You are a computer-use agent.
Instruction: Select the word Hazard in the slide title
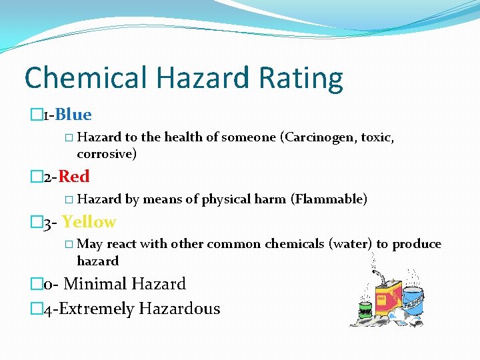pyautogui.click(x=196, y=79)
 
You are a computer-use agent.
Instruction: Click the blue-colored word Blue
pyautogui.click(x=73, y=115)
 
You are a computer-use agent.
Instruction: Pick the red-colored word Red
pyautogui.click(x=74, y=177)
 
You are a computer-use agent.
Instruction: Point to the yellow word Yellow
pyautogui.click(x=89, y=222)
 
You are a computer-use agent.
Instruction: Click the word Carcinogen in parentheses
pyautogui.click(x=317, y=137)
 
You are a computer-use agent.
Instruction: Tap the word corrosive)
pyautogui.click(x=107, y=154)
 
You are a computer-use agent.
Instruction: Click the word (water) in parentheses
pyautogui.click(x=351, y=243)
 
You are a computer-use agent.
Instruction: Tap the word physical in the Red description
pyautogui.click(x=226, y=199)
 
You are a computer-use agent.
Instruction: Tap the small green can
pyautogui.click(x=365, y=309)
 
